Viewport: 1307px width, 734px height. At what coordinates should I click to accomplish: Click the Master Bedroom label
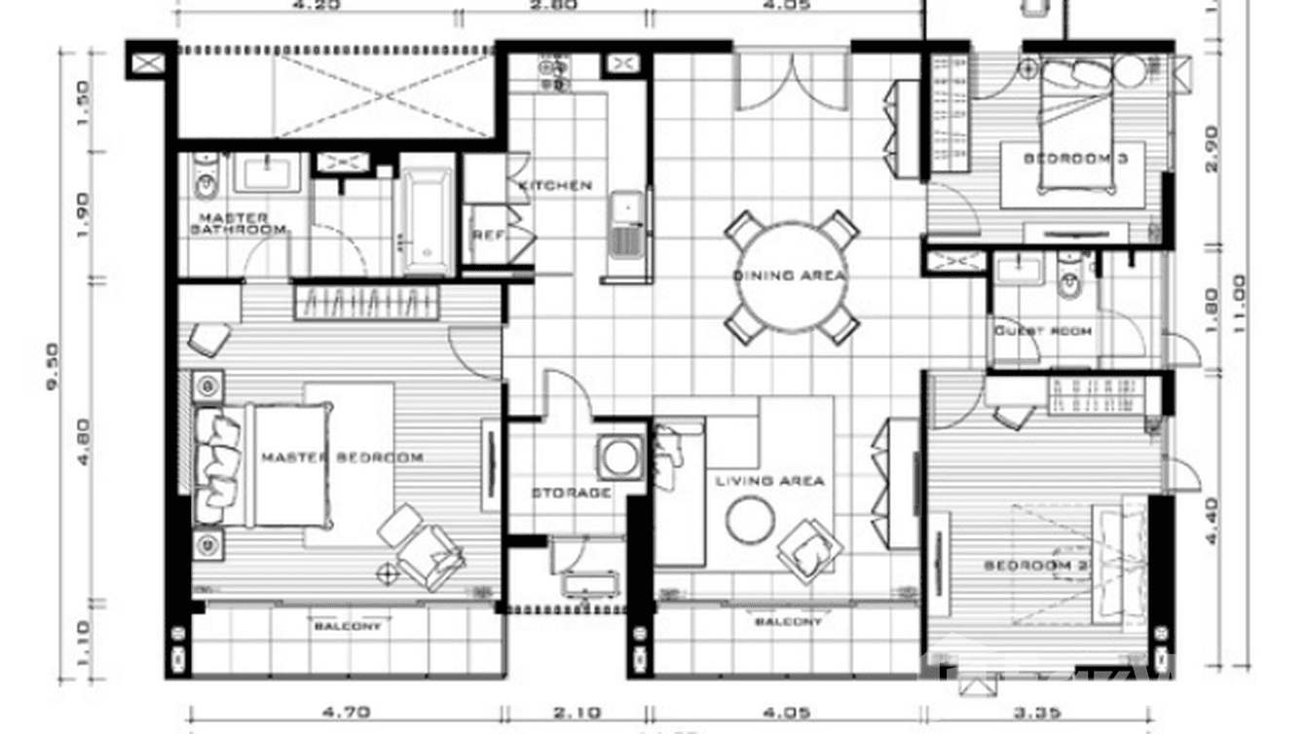pos(341,457)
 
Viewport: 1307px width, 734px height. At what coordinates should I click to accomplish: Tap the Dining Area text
pos(789,275)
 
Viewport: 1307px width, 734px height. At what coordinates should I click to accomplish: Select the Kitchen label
pos(554,185)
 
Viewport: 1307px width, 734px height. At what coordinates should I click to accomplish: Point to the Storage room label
pos(571,493)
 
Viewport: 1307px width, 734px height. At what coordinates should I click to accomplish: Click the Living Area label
pos(769,480)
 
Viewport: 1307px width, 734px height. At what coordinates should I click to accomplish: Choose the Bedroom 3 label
pos(1075,158)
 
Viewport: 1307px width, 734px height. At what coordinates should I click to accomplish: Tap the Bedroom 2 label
pos(1034,566)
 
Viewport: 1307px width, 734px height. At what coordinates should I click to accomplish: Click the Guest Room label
pos(1042,331)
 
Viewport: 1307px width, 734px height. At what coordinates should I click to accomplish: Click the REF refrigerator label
pos(485,235)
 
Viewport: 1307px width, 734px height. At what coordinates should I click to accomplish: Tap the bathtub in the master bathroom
pos(427,222)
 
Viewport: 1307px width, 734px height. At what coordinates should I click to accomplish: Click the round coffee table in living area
pos(750,521)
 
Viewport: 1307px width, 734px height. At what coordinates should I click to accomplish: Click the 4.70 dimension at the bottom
pos(345,712)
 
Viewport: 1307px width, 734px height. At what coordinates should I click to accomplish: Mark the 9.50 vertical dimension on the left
pos(54,365)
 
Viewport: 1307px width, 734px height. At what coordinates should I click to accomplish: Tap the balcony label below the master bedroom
pos(347,626)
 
